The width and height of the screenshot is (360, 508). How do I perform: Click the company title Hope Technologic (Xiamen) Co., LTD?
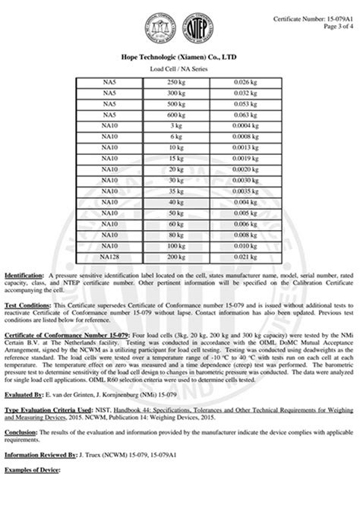click(x=179, y=56)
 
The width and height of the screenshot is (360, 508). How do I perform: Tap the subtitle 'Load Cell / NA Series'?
click(x=179, y=68)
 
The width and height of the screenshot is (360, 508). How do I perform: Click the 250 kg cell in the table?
click(x=176, y=81)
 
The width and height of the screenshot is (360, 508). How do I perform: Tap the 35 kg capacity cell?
click(x=176, y=191)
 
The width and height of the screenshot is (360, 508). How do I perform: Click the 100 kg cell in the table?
click(x=176, y=246)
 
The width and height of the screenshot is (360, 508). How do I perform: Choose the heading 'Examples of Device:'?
click(x=33, y=472)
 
